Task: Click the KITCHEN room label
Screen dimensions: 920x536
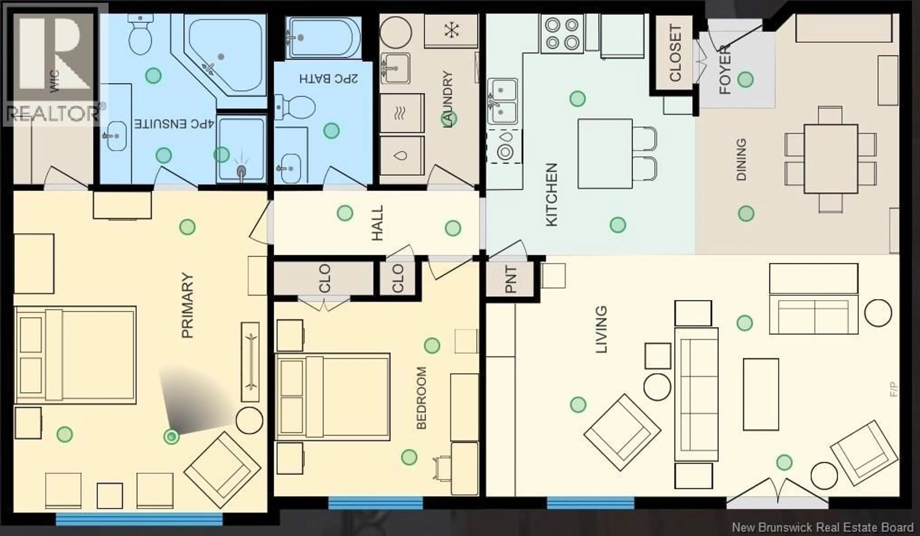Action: (551, 195)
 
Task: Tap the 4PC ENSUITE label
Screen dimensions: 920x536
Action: (174, 124)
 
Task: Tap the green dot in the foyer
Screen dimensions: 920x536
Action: (745, 79)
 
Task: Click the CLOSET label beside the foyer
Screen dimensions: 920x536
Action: (675, 53)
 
